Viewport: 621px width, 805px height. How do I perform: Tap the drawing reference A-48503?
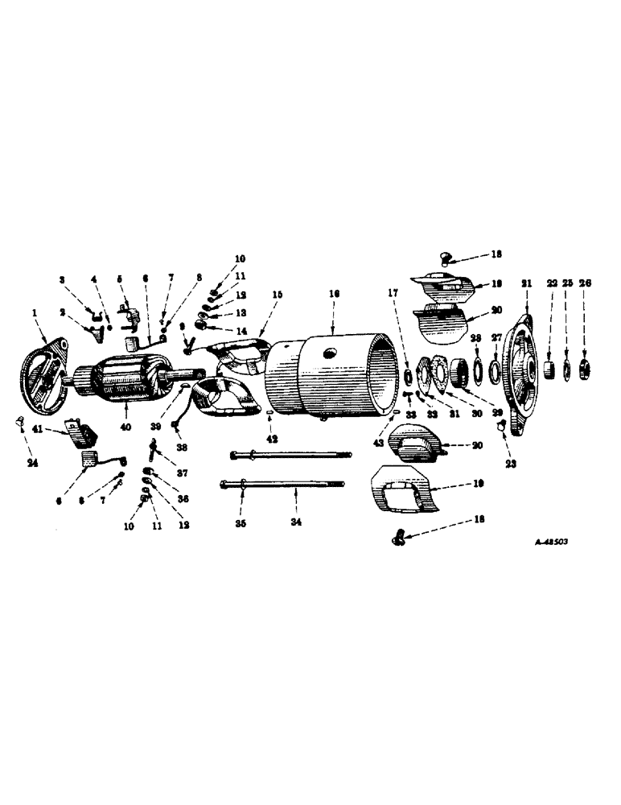[x=551, y=543]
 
